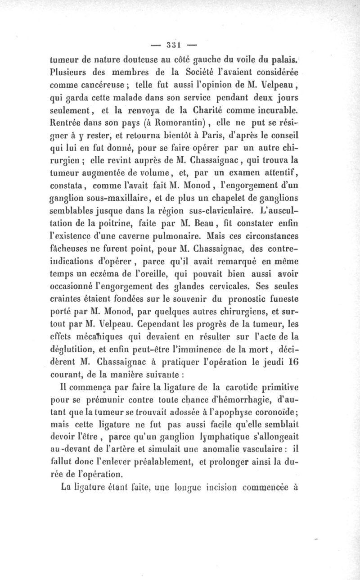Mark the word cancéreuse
(102, 84)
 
